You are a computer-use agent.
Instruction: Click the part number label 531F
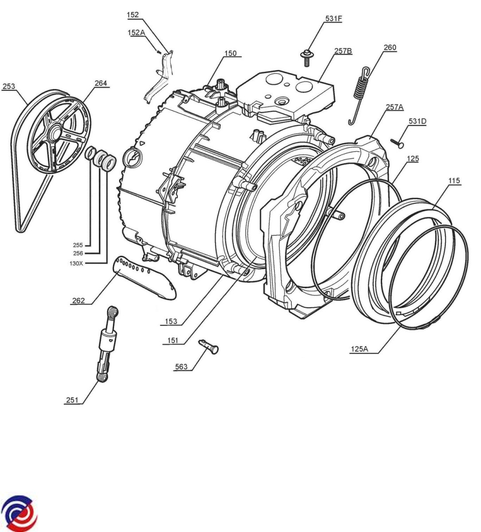(333, 19)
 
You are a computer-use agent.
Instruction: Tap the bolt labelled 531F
(305, 57)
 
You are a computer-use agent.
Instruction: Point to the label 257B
(343, 51)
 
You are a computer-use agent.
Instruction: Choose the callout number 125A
(359, 349)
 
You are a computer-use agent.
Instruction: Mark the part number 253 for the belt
(9, 86)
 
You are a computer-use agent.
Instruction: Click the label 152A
(137, 32)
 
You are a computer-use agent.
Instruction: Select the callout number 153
(171, 321)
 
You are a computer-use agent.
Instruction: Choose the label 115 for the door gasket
(454, 181)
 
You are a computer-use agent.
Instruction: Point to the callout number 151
(173, 340)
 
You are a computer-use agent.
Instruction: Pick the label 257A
(395, 106)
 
